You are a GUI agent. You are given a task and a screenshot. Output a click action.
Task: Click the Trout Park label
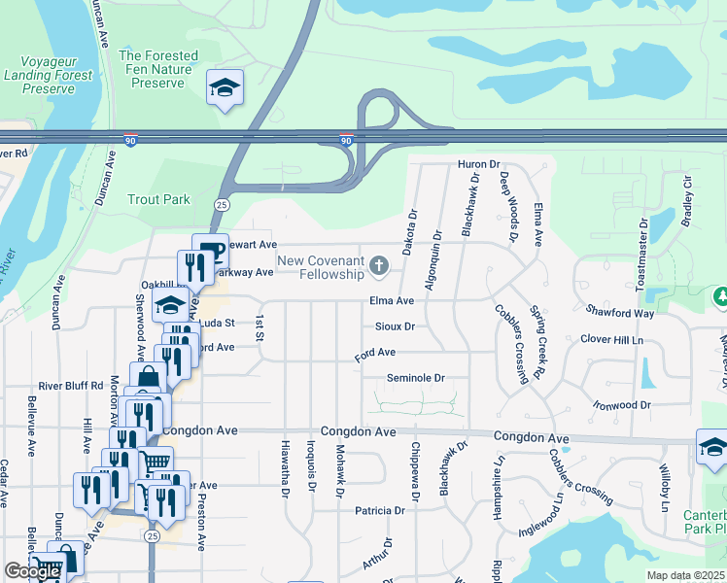click(159, 199)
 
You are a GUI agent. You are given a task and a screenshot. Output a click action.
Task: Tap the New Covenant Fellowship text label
click(320, 267)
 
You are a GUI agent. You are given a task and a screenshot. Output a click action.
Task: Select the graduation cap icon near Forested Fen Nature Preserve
click(225, 89)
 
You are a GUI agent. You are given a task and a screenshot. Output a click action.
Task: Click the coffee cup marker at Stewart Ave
click(209, 250)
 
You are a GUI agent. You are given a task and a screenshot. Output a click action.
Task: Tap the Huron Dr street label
click(479, 165)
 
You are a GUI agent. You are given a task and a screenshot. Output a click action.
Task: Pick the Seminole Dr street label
click(415, 378)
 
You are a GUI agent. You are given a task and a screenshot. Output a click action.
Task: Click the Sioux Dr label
click(396, 326)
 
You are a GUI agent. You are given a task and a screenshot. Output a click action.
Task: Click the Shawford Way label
click(619, 312)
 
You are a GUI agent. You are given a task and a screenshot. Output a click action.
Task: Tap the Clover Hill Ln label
click(612, 339)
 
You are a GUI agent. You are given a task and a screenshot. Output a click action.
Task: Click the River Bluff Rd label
click(71, 386)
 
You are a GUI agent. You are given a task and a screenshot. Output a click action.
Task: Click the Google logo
click(32, 571)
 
